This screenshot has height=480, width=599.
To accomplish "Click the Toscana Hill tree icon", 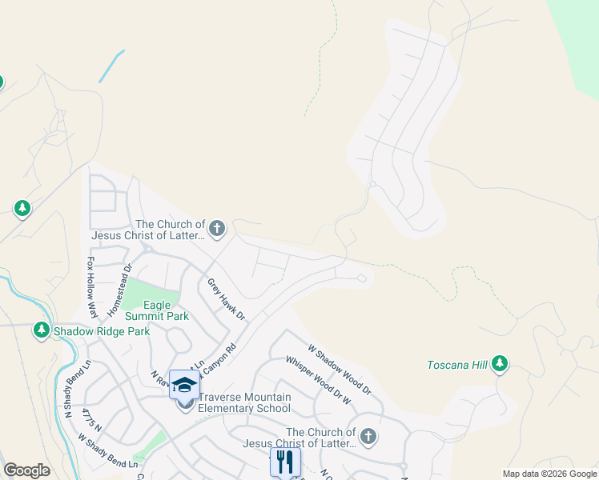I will pos(501,365).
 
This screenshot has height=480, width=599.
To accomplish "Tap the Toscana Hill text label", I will pos(457,366).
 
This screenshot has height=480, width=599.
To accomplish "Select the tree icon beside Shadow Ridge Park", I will pos(41,330).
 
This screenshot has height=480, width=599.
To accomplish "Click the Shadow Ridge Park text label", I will pos(102,330).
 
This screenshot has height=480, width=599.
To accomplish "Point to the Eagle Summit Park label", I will pos(167,310).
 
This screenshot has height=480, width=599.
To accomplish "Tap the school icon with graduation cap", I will pos(184,385).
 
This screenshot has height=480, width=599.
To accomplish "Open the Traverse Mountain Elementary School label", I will pos(244,402).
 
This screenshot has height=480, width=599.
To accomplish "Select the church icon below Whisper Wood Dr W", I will pos(368,437).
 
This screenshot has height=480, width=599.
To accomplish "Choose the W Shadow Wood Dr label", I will pos(340,370).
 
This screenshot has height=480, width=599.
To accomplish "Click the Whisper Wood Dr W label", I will pos(318,378).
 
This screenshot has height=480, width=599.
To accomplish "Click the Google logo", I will pos(26,470).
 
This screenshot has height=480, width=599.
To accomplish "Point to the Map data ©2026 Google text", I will pos(549,474).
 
